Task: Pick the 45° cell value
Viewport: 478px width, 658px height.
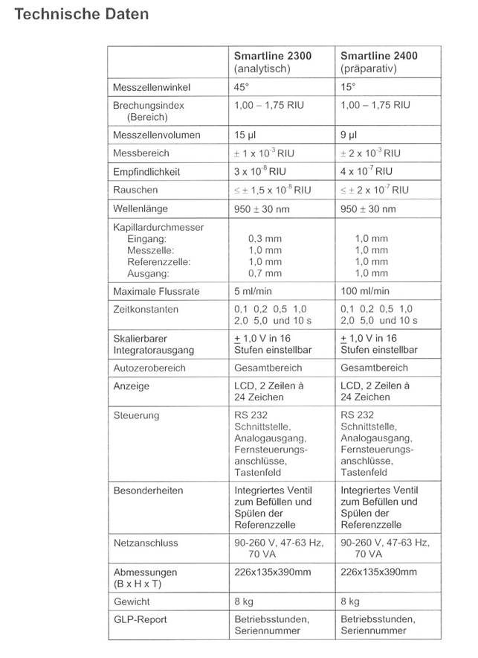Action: (241, 86)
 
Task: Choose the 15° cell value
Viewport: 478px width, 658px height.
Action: (347, 86)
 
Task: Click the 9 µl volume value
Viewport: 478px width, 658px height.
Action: (348, 135)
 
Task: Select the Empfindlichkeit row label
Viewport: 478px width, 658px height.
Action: (146, 171)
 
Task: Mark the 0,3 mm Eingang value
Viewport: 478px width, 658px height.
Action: (265, 239)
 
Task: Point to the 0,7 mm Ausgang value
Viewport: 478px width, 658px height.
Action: (265, 273)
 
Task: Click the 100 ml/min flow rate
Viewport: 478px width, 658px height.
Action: (365, 291)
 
